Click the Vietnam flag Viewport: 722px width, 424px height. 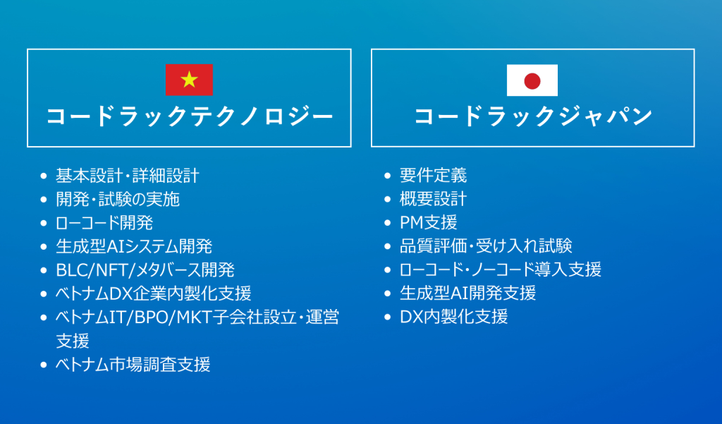[x=189, y=80]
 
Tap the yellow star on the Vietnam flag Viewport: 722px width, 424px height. [x=189, y=80]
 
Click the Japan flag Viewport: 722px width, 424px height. [x=532, y=80]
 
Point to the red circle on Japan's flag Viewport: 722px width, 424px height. [x=532, y=80]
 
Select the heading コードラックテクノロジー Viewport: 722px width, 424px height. [x=190, y=116]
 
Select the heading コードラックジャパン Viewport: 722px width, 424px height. [x=533, y=116]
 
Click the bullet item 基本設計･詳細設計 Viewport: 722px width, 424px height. [x=128, y=176]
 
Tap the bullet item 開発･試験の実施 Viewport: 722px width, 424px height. [x=118, y=199]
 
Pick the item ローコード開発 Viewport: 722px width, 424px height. [x=104, y=223]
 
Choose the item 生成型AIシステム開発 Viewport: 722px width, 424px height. [x=134, y=246]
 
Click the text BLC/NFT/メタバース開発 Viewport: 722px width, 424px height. [x=145, y=270]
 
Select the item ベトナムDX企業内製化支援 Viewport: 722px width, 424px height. [x=153, y=293]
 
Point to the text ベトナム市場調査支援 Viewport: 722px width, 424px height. [x=133, y=365]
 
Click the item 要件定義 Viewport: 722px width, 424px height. [x=434, y=175]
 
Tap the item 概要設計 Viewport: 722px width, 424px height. [x=434, y=199]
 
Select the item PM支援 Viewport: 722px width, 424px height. [x=428, y=223]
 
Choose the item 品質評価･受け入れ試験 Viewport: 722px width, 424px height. [x=486, y=246]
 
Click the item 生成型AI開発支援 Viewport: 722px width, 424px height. [x=468, y=293]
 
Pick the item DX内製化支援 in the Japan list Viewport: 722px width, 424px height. [x=453, y=317]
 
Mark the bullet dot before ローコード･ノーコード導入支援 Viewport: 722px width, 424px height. [x=388, y=269]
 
